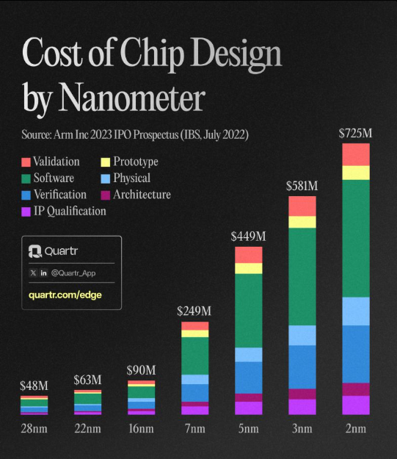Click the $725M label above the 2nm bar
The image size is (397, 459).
[x=355, y=134]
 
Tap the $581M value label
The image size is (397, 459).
[x=302, y=187]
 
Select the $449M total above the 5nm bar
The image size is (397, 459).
[x=248, y=236]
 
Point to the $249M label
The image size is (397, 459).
[x=194, y=311]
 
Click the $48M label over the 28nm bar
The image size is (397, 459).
[x=34, y=385]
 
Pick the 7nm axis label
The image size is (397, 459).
[x=194, y=428]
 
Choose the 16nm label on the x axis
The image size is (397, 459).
[x=141, y=428]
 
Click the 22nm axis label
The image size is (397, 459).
[x=87, y=428]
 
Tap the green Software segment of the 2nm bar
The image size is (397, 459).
[x=355, y=238]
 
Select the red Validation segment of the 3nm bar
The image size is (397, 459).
[x=302, y=206]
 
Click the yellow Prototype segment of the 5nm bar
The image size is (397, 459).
[x=248, y=268]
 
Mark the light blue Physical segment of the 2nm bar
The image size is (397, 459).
[x=355, y=311]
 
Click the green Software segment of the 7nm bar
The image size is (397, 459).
[x=194, y=355]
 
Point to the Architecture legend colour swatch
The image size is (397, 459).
[x=106, y=195]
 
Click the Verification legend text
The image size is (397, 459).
[x=60, y=195]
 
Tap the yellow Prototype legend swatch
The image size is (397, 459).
[x=106, y=162]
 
